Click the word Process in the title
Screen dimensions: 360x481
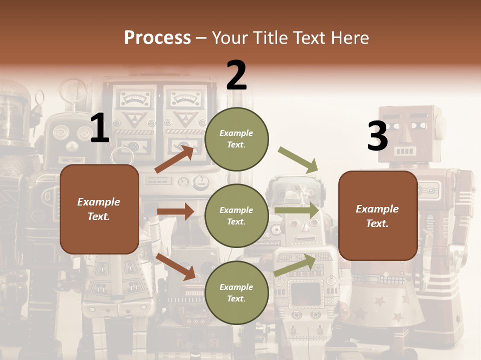point(157,38)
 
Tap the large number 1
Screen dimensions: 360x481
point(100,128)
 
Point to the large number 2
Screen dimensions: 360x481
point(236,75)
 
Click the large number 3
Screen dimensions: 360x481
point(377,136)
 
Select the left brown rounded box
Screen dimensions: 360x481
point(99,209)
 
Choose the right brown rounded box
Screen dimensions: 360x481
point(378,215)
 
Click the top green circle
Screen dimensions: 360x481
point(236,139)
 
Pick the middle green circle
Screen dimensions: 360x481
point(236,215)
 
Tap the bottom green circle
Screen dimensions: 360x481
point(236,292)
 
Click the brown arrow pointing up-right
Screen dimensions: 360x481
point(174,159)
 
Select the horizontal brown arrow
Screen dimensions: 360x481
point(175,211)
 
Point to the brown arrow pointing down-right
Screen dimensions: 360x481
point(176,266)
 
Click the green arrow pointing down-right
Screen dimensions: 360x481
point(298,159)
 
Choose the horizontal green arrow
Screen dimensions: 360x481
point(297,210)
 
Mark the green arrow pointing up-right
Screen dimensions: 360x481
point(295,265)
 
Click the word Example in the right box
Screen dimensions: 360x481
point(377,209)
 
